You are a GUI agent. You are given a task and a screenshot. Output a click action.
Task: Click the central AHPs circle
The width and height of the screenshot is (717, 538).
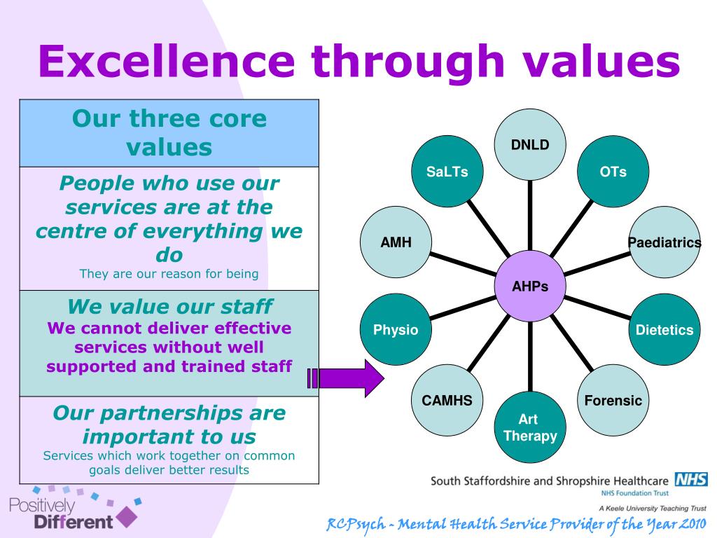tap(530, 286)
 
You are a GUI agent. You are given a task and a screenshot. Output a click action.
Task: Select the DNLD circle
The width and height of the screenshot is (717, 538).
tap(530, 146)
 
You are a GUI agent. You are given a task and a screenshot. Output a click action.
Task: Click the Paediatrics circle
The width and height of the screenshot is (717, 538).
tap(663, 243)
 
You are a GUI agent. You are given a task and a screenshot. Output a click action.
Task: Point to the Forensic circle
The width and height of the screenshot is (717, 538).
tap(613, 401)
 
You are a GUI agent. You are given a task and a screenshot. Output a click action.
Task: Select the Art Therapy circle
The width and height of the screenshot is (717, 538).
tap(530, 428)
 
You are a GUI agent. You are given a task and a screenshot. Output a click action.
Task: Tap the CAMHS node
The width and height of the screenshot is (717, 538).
tap(447, 401)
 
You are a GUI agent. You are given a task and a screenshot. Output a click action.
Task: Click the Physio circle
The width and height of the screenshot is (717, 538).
tap(396, 329)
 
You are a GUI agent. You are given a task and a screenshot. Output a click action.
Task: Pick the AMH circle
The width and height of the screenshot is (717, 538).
tap(396, 243)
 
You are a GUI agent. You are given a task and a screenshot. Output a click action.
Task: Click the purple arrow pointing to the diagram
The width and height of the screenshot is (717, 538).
tap(347, 378)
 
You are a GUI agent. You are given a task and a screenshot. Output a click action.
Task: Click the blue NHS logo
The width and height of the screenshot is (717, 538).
tap(690, 480)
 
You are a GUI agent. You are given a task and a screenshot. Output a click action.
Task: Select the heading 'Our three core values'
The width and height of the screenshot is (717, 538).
tap(170, 132)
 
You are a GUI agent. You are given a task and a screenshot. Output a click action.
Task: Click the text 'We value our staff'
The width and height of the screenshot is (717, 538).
tap(170, 306)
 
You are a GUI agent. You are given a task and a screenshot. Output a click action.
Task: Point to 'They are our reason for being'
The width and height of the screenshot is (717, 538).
tap(169, 274)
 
